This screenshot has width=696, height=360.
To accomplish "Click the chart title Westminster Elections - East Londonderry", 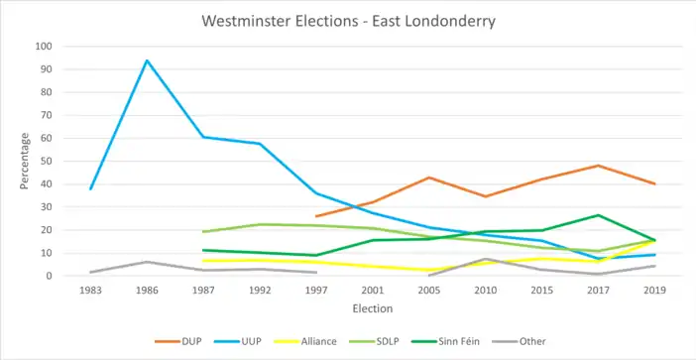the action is [x=348, y=21].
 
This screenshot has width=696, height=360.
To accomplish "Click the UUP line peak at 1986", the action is [x=147, y=60].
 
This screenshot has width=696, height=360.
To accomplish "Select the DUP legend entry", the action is [x=178, y=341].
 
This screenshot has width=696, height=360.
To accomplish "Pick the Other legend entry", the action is [x=520, y=341].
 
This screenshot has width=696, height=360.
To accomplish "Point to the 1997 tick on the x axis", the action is [x=316, y=291].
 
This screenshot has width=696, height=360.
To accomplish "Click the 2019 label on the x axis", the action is [x=655, y=291].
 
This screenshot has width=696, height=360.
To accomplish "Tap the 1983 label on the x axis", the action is [x=90, y=291].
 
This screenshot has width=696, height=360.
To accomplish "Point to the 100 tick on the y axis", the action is [x=46, y=47].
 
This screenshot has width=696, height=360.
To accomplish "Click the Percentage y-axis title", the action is [x=25, y=161].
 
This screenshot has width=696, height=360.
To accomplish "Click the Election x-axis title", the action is [x=373, y=309].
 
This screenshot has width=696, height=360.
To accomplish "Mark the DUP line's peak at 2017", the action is [x=599, y=166].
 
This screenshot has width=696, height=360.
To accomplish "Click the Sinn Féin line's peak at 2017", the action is [x=599, y=215].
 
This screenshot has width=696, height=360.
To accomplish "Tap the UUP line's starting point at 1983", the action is [x=90, y=189].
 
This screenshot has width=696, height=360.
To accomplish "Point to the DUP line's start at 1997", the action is [x=316, y=216].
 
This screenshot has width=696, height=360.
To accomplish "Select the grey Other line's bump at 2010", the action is [x=486, y=259].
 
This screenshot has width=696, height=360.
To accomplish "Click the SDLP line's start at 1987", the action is [x=203, y=232].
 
